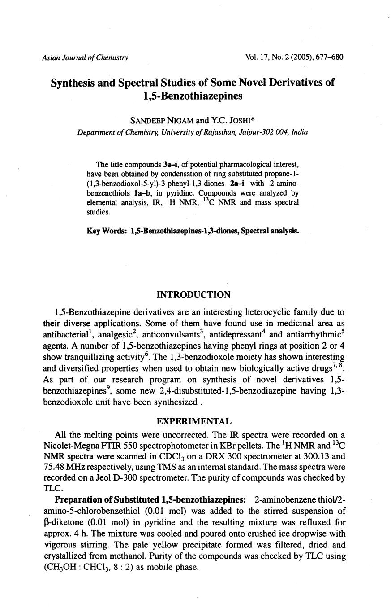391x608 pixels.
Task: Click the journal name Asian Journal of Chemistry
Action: [x=85, y=57]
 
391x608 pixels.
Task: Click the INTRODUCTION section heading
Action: [x=193, y=295]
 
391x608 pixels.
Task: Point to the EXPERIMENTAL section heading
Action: [x=193, y=421]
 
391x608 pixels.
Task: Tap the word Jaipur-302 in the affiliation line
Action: [x=240, y=132]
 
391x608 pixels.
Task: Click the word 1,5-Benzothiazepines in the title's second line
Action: [x=193, y=96]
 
